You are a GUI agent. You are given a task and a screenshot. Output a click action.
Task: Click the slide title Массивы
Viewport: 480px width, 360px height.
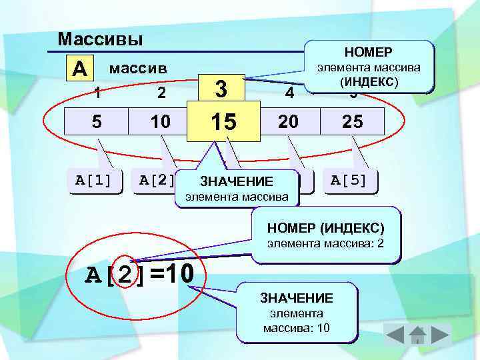(x=100, y=39)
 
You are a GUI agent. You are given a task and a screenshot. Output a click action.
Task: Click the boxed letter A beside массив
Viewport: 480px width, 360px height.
(x=79, y=68)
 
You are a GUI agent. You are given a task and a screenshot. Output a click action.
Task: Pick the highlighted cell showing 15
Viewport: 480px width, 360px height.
(x=223, y=122)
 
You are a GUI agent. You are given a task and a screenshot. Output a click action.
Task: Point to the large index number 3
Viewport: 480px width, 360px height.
(x=223, y=89)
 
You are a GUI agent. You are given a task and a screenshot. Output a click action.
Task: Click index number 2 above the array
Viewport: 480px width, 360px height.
(x=161, y=93)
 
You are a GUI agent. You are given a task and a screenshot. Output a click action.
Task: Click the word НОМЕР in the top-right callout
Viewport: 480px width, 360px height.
(x=368, y=52)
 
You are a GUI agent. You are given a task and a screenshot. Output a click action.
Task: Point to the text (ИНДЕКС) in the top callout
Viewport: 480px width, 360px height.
(x=368, y=82)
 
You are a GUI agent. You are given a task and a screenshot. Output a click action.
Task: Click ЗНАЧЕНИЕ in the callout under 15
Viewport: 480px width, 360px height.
(x=237, y=182)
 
